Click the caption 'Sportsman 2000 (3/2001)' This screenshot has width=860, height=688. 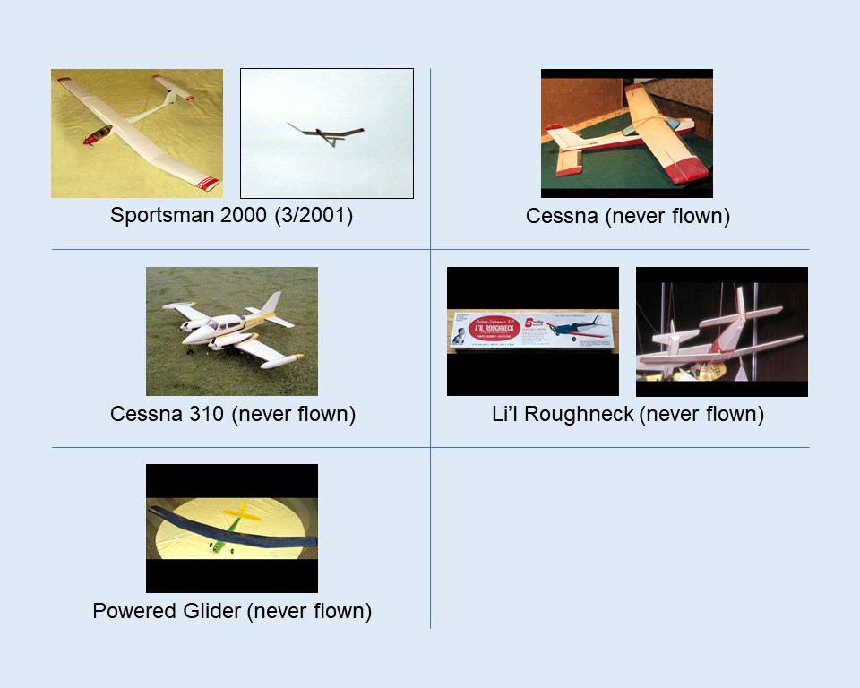231,216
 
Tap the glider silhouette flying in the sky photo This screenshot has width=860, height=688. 326,133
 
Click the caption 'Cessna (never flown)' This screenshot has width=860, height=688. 627,216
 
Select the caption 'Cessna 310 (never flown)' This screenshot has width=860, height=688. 233,414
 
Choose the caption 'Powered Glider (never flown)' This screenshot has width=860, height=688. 232,611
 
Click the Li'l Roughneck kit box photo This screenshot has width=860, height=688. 532,331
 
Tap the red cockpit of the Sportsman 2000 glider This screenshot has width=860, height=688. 98,135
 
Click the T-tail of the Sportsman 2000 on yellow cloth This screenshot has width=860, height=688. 176,89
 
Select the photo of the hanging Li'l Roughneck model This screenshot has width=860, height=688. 721,331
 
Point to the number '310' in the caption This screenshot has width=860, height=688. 207,414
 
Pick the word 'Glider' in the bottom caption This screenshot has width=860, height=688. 208,611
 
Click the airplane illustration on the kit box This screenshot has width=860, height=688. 574,326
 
